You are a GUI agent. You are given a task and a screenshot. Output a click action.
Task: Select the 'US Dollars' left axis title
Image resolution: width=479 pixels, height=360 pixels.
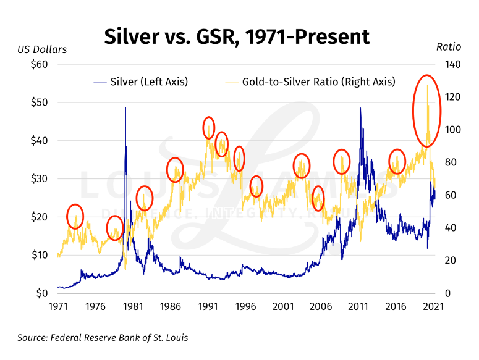tap(42, 49)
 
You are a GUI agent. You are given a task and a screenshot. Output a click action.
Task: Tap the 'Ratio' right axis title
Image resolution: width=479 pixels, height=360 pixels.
tap(448, 47)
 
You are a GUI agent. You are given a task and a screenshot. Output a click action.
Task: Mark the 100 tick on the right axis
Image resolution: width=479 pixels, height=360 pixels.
tap(447, 130)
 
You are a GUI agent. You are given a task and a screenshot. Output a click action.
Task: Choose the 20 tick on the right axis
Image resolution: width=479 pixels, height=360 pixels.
tap(445, 261)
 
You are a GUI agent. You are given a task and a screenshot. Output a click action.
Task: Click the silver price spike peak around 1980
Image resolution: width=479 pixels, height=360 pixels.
tap(125, 109)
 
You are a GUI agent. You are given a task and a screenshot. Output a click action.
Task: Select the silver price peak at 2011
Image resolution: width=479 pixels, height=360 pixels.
tap(360, 109)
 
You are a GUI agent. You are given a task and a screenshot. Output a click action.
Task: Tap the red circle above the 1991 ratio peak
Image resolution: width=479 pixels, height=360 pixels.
tap(209, 127)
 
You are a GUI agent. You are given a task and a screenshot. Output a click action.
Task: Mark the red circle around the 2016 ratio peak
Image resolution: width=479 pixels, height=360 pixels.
tap(397, 161)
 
